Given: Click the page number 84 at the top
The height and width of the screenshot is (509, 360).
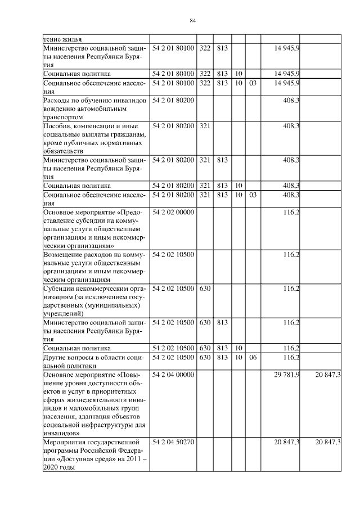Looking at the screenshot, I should tap(192, 21).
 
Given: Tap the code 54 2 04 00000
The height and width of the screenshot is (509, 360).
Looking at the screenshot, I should tap(173, 375).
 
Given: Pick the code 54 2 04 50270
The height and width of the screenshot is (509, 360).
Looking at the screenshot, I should tap(173, 443).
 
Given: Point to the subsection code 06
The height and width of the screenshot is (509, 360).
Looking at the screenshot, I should tap(253, 357).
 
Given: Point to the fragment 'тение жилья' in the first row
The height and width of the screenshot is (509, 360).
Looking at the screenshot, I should tap(62, 39).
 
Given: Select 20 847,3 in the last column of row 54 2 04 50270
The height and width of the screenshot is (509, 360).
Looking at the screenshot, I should tap(328, 443).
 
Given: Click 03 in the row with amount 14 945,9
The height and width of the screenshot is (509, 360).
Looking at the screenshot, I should tap(253, 83).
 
